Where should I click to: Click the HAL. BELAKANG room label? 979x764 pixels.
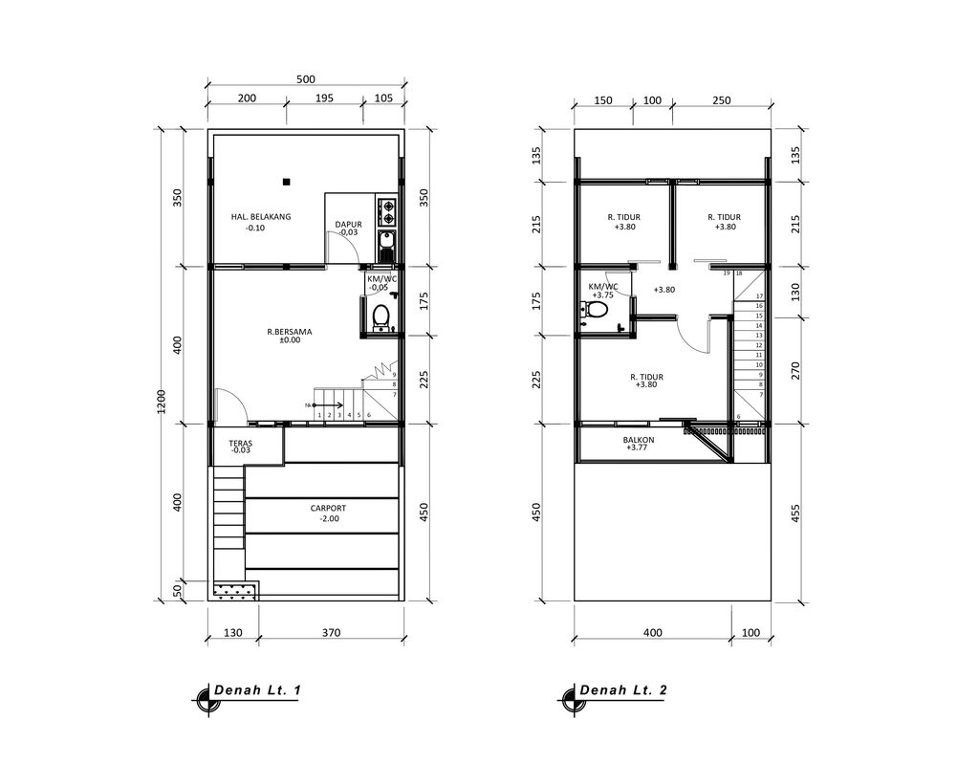(261, 217)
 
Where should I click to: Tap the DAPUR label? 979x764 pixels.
(348, 225)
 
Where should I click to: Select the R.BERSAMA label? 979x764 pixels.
(290, 332)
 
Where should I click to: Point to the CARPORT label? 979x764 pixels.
(328, 509)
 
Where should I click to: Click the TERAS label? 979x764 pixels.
(240, 445)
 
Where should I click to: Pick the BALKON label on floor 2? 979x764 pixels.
(638, 441)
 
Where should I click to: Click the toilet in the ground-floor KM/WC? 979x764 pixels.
(381, 316)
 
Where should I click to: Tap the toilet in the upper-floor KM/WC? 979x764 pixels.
(585, 309)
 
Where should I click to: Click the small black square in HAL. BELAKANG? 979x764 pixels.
(285, 181)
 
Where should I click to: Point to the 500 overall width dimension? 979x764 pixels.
(306, 80)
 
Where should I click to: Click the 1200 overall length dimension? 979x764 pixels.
(162, 402)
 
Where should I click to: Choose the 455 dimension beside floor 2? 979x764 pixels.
(795, 513)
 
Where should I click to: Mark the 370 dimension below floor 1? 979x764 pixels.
(331, 632)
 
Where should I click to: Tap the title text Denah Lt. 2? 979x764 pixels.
(624, 689)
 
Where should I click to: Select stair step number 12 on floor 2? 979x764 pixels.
(758, 345)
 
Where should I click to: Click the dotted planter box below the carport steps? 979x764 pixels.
(235, 592)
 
